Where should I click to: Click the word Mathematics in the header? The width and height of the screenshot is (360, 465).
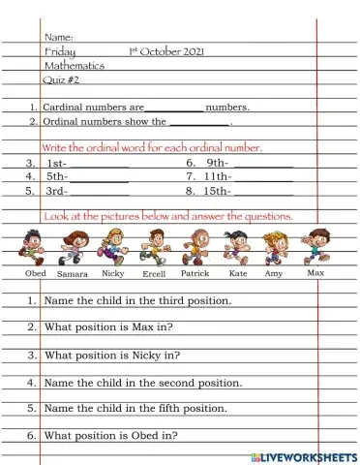tap(75, 66)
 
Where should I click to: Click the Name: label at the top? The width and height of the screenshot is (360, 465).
tap(60, 37)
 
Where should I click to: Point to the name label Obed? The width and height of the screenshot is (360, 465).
tap(36, 273)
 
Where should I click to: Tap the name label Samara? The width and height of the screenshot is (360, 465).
tap(73, 274)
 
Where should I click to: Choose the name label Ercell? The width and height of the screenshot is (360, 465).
tap(154, 274)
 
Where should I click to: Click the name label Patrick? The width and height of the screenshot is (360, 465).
tap(195, 274)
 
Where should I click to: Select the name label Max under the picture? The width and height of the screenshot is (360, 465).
tap(315, 272)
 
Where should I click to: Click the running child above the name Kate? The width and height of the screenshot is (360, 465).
tap(236, 248)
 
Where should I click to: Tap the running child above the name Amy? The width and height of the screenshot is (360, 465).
tap(277, 248)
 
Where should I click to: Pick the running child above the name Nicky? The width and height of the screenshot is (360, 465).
tap(113, 248)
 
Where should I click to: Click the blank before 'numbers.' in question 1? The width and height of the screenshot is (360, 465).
tap(174, 108)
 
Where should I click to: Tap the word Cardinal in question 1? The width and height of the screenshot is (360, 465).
tap(69, 108)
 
